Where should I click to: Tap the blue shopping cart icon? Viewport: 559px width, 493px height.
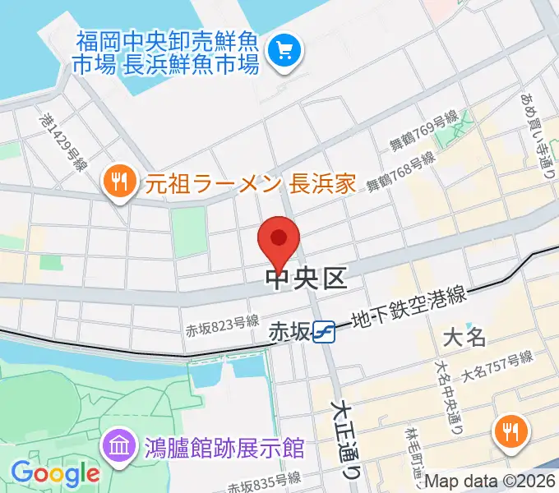(286, 51)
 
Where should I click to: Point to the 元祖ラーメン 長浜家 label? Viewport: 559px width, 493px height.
(251, 182)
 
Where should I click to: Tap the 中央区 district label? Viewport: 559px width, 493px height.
(307, 279)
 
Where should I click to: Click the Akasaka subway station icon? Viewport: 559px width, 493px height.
(326, 331)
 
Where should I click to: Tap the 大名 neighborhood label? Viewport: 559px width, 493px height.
(464, 337)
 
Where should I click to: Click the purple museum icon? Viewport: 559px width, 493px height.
(116, 448)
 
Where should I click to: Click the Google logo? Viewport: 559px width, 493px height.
(55, 473)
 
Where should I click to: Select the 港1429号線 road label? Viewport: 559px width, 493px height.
(62, 140)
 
